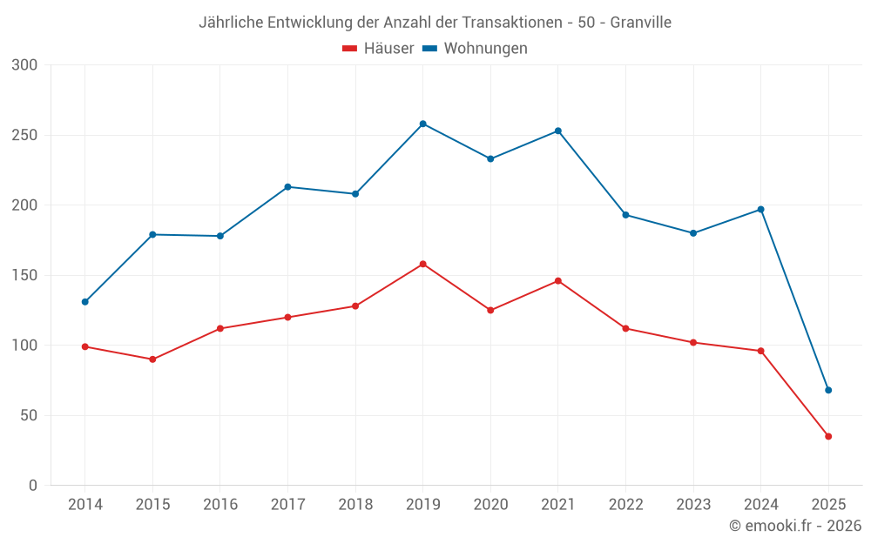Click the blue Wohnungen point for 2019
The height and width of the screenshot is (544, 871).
[x=422, y=124]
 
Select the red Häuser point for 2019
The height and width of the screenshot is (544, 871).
[x=422, y=264]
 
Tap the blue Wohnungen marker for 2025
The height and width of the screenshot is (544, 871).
[x=828, y=390]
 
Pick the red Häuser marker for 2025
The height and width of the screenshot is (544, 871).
[x=828, y=436]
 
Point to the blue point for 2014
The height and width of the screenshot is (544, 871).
[x=84, y=302]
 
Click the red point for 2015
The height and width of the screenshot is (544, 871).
[x=152, y=359]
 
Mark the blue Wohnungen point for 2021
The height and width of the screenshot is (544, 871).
[x=558, y=131]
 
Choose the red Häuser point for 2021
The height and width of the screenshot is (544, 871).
[x=558, y=281]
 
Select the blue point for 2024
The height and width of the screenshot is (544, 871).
[x=760, y=209]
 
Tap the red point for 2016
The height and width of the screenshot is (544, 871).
[x=219, y=328]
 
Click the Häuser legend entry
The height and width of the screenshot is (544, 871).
[x=378, y=49]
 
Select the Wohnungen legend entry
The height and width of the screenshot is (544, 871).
[x=476, y=49]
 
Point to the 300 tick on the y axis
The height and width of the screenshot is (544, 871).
[x=25, y=65]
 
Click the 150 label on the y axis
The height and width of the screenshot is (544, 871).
[x=25, y=275]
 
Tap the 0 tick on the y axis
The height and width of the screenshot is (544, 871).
[x=33, y=485]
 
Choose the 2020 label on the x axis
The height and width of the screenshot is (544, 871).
[x=490, y=505]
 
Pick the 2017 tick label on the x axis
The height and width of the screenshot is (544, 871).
[x=287, y=505]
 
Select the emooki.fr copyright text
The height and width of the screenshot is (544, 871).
[x=795, y=526]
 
